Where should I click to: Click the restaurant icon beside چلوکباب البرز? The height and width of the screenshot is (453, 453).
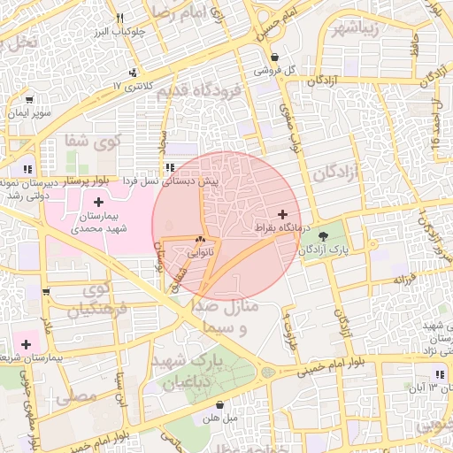(120, 18)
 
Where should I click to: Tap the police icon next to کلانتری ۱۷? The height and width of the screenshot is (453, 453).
(132, 73)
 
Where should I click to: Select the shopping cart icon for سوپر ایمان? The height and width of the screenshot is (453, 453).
(30, 99)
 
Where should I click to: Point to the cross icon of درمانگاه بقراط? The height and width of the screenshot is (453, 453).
(282, 214)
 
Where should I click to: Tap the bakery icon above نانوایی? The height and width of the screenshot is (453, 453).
(200, 239)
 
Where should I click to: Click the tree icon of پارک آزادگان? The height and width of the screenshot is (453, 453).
(323, 236)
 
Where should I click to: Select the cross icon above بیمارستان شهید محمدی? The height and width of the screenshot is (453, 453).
(98, 203)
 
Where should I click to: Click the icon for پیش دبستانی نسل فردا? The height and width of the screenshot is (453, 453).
(169, 166)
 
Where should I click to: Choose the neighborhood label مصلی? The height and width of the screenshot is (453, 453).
(76, 397)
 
